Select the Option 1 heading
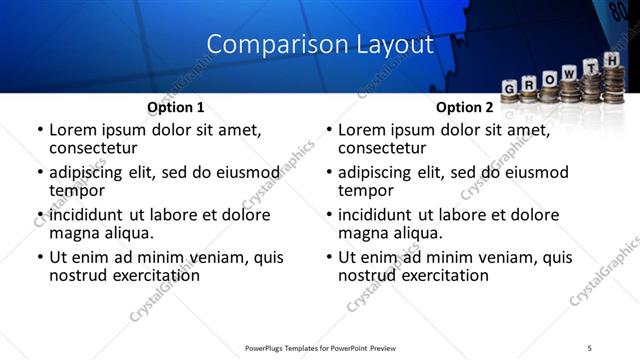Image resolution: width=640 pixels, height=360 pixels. (x=176, y=107)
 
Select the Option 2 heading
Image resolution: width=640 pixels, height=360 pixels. (x=465, y=107)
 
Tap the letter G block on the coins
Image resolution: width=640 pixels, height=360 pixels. (x=509, y=88)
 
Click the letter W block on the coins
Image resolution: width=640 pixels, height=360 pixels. (x=568, y=76)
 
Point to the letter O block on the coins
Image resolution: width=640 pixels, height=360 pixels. (x=548, y=80)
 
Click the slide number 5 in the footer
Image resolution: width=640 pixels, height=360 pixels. (x=589, y=348)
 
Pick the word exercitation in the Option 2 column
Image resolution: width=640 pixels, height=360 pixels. (x=440, y=275)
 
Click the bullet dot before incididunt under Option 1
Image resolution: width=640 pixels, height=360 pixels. (x=40, y=215)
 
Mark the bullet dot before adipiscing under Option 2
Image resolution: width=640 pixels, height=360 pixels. (x=329, y=172)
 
